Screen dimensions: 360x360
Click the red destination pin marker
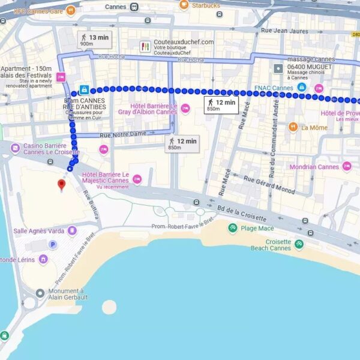pos(61,184)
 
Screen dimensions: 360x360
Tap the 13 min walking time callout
pos(95,40)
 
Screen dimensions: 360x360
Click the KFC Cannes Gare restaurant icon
pos(71,10)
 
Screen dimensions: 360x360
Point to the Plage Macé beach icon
pos(232,228)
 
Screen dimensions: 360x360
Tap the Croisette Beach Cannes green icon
pos(299,244)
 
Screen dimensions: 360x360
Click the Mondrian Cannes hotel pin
pos(347,167)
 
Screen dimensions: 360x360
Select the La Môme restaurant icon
pos(293,127)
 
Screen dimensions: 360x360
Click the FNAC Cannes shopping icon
pos(302,88)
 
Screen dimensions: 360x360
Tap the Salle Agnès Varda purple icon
pos(73,231)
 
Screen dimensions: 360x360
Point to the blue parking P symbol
pos(52,245)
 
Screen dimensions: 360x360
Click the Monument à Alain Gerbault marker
pos(40,293)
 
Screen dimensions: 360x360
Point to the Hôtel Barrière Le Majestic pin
pos(137,179)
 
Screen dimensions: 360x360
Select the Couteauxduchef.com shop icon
pos(145,46)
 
